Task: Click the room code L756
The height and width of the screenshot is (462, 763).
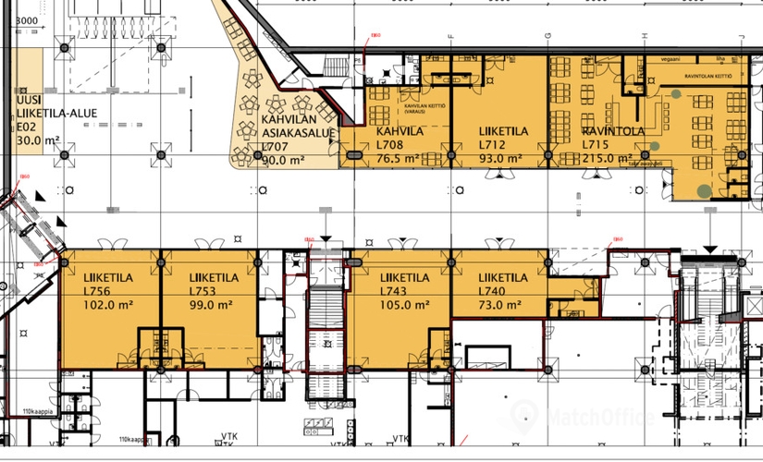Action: [98, 290]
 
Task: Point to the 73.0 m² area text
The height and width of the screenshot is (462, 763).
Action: [501, 304]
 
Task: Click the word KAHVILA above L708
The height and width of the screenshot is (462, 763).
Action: [400, 131]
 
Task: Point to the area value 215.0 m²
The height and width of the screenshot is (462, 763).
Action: [607, 158]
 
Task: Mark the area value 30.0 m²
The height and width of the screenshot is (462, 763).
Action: [36, 141]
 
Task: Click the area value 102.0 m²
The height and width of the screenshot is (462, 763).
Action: [109, 304]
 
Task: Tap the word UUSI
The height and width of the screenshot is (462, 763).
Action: [30, 99]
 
